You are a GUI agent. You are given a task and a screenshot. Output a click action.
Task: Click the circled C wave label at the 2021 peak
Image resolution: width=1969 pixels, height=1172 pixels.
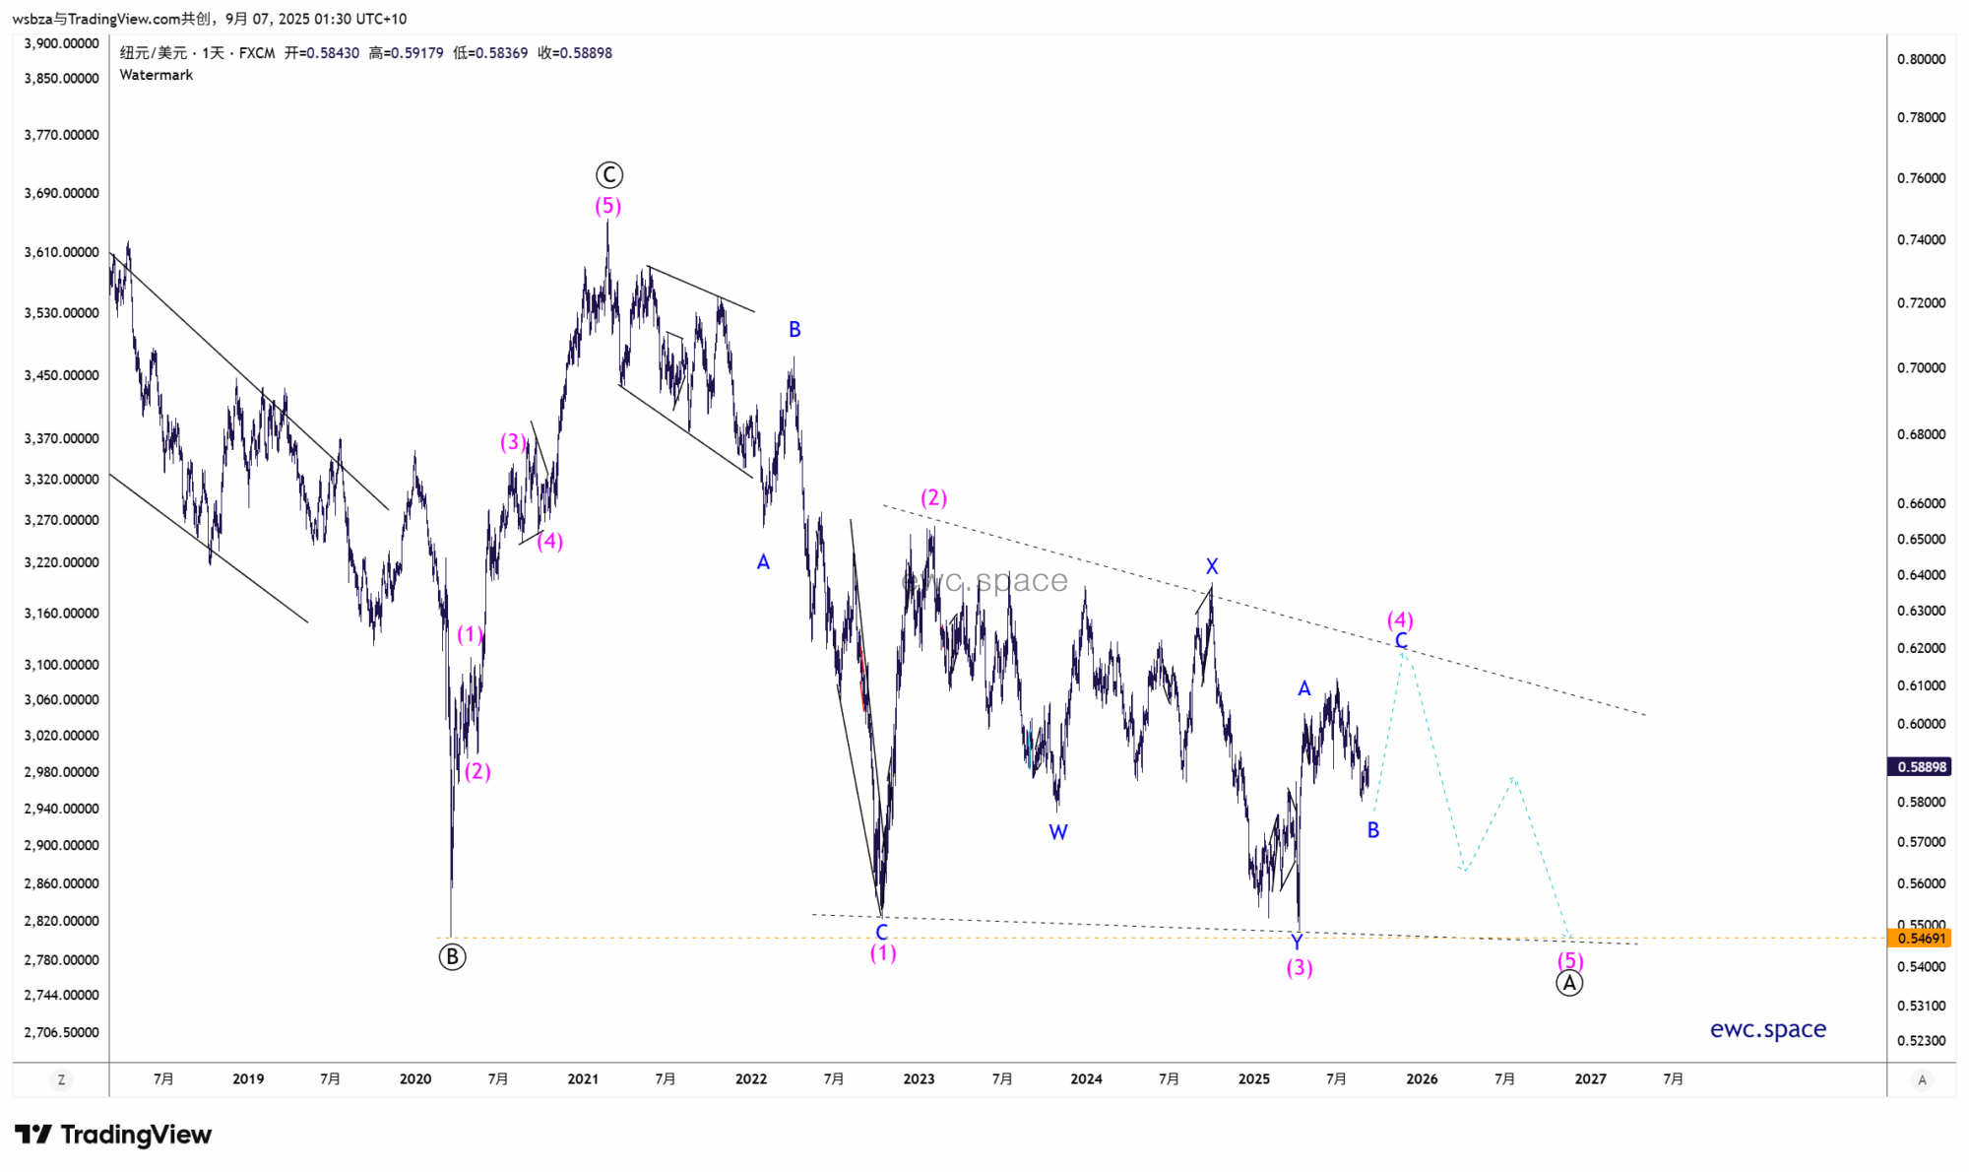pyautogui.click(x=609, y=175)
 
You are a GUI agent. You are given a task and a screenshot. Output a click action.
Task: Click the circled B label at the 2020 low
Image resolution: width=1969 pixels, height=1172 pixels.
pyautogui.click(x=452, y=956)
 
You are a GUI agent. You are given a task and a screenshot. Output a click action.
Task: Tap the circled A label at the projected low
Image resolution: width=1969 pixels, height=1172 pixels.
pyautogui.click(x=1569, y=983)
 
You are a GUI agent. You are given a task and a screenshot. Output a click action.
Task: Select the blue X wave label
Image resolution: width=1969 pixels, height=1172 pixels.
pyautogui.click(x=1212, y=566)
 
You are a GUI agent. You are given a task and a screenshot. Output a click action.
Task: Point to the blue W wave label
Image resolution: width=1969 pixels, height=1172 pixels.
pyautogui.click(x=1058, y=832)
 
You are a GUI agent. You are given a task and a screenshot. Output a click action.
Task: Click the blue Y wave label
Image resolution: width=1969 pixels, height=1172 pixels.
pyautogui.click(x=1297, y=943)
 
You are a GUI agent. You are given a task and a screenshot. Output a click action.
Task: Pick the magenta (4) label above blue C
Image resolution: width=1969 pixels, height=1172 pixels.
pyautogui.click(x=1400, y=619)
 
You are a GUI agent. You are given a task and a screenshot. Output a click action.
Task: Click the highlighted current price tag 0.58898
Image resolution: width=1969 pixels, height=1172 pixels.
pyautogui.click(x=1921, y=766)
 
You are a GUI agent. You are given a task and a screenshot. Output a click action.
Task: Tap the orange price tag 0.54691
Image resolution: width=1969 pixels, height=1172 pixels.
pyautogui.click(x=1921, y=939)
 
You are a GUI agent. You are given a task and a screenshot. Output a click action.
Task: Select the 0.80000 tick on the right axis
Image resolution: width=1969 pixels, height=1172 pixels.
pyautogui.click(x=1921, y=59)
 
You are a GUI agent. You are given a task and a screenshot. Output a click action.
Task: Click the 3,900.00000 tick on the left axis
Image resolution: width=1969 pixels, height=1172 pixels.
pyautogui.click(x=61, y=43)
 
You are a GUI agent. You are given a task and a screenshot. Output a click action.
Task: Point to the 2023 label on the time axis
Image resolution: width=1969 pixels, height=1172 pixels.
pyautogui.click(x=919, y=1079)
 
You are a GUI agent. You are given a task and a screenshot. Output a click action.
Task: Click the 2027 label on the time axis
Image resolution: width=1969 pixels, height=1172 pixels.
pyautogui.click(x=1590, y=1079)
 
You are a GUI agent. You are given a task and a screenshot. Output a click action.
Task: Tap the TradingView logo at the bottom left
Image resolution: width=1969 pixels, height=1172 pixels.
pyautogui.click(x=113, y=1135)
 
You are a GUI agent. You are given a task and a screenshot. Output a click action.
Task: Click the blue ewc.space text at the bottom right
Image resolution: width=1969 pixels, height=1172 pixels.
pyautogui.click(x=1767, y=1029)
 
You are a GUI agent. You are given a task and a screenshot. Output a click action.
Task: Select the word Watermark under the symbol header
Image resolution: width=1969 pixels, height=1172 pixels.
pyautogui.click(x=157, y=75)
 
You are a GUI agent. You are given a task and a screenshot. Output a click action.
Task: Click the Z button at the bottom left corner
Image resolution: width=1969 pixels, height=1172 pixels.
pyautogui.click(x=61, y=1080)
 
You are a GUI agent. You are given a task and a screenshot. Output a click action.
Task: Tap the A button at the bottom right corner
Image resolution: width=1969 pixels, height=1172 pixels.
pyautogui.click(x=1922, y=1080)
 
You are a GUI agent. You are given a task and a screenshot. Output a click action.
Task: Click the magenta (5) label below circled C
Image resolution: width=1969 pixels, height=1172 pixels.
pyautogui.click(x=607, y=206)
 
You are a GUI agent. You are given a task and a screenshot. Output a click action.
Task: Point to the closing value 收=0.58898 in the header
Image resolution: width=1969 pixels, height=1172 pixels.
pyautogui.click(x=575, y=53)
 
